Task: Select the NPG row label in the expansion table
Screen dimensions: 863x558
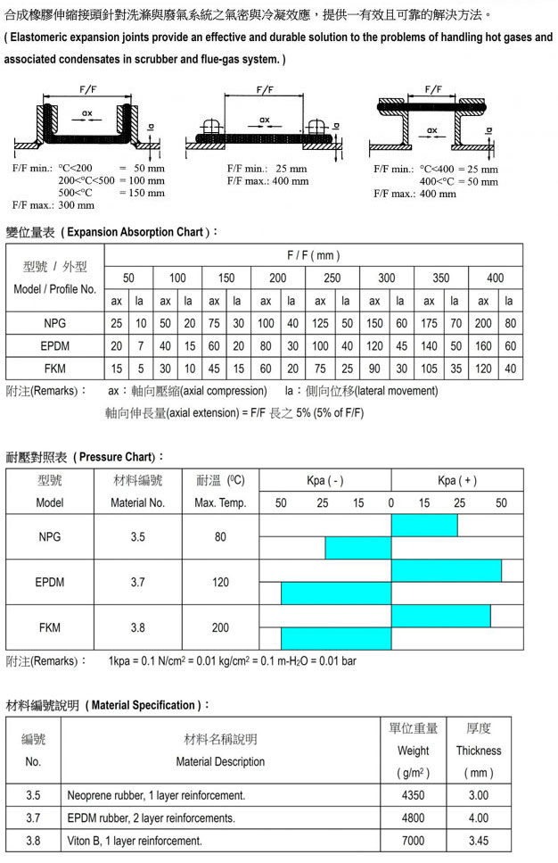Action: tap(55, 323)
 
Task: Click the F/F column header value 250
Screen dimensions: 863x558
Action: tap(332, 278)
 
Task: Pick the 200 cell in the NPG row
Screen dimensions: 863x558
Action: tap(482, 323)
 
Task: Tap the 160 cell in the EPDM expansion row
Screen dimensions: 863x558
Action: tap(482, 345)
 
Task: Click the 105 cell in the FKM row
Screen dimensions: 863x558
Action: tap(429, 369)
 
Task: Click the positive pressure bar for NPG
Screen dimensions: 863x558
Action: tap(423, 526)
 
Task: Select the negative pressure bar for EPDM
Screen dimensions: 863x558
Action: tap(336, 593)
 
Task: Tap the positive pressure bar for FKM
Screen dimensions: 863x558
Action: tap(440, 616)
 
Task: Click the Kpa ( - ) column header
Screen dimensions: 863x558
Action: tap(324, 480)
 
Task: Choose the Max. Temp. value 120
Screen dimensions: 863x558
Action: tap(220, 582)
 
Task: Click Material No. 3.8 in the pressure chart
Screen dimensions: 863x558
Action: tap(137, 627)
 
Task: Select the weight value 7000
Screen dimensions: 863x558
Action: tap(413, 841)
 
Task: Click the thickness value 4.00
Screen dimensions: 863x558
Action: tap(479, 817)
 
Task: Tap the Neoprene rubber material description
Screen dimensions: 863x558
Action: tap(156, 794)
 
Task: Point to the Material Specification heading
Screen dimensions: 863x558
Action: tap(108, 705)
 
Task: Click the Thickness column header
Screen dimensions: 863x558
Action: tap(479, 751)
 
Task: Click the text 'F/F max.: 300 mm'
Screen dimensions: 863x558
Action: tap(53, 204)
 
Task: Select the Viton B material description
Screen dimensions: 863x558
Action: tap(135, 841)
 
